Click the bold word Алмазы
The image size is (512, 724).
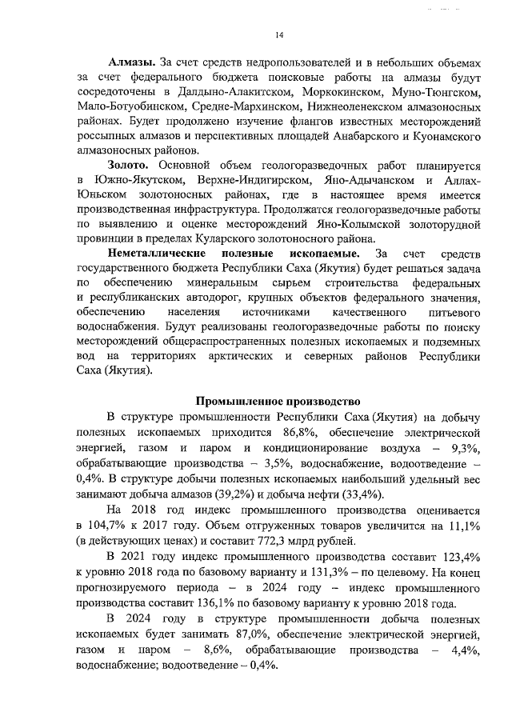pos(132,62)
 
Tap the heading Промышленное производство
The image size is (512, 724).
pos(279,400)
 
